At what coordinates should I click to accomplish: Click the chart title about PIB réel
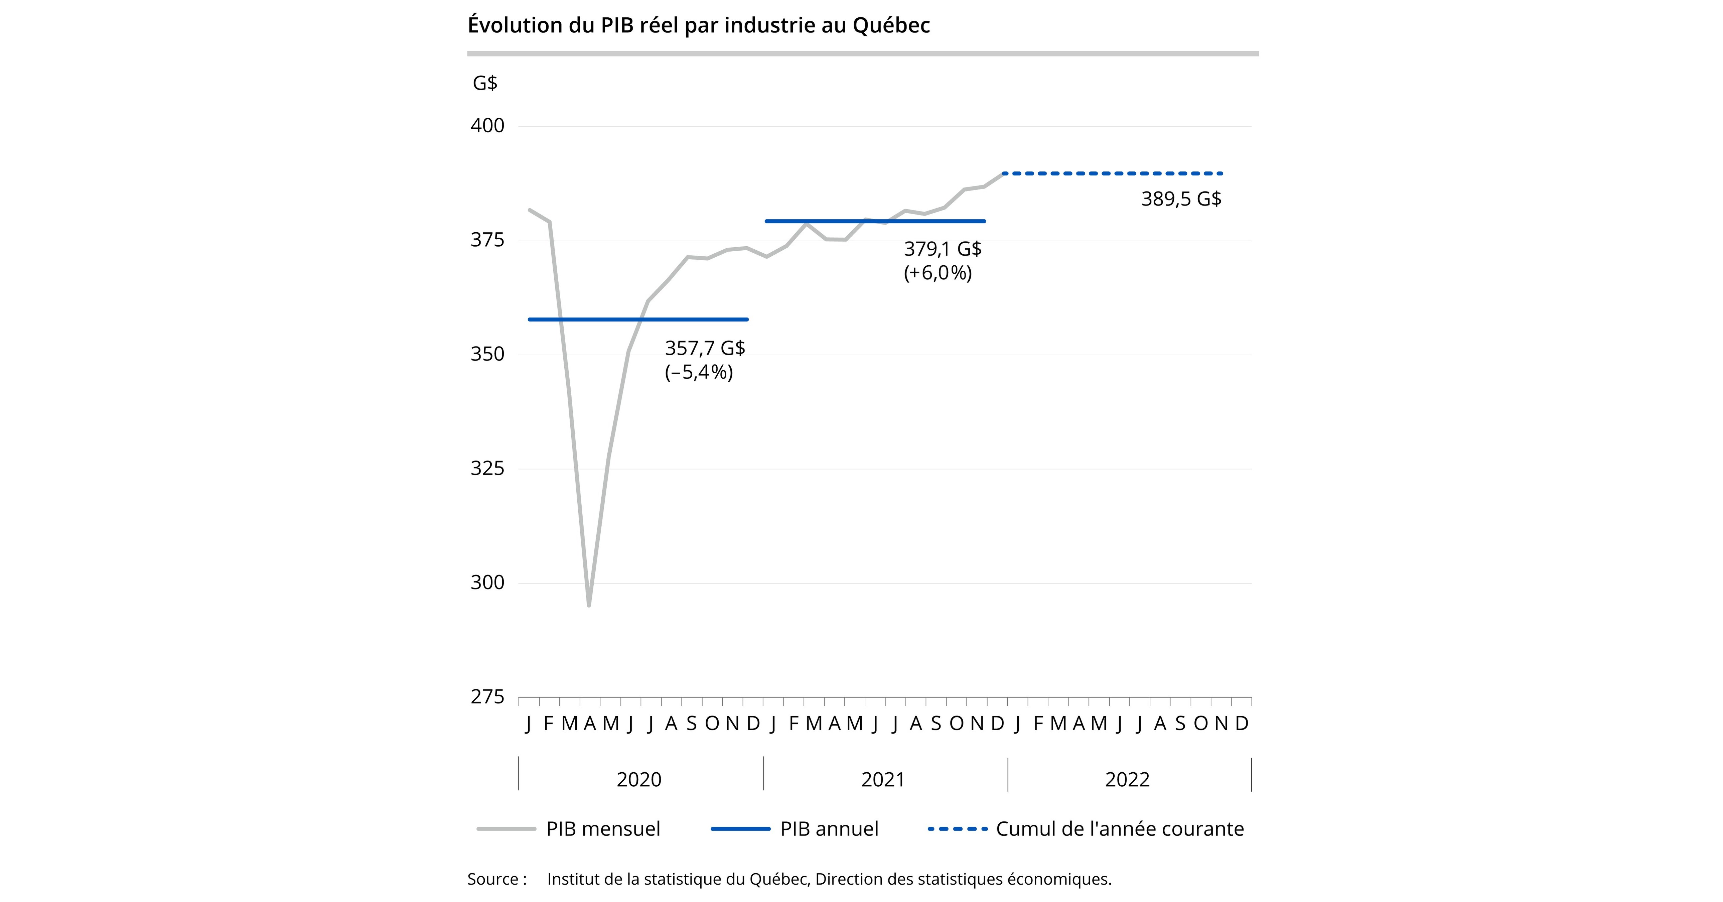click(698, 25)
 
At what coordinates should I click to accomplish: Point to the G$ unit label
click(485, 83)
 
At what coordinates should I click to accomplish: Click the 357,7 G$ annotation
click(704, 348)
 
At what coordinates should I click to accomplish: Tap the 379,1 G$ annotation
click(943, 249)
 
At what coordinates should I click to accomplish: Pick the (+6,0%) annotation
click(937, 273)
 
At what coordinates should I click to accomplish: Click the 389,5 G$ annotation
click(1180, 199)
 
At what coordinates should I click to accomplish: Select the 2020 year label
click(639, 780)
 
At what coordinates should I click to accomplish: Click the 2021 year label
click(883, 780)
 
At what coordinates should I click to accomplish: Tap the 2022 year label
click(1127, 780)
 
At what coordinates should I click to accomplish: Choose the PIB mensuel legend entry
click(603, 829)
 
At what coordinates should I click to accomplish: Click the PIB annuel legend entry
click(829, 829)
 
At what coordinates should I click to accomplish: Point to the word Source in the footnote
click(493, 879)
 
